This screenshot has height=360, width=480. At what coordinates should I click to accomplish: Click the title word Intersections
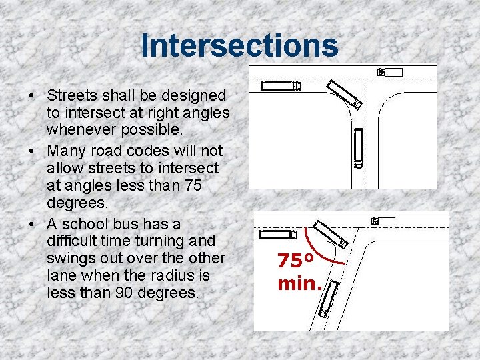tap(239, 45)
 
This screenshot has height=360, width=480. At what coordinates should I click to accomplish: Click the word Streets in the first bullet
tap(75, 96)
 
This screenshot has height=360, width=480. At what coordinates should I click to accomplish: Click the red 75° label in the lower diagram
tap(295, 260)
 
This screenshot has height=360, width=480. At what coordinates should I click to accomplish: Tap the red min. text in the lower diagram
tap(299, 283)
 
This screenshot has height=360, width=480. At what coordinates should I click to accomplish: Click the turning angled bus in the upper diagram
tap(344, 93)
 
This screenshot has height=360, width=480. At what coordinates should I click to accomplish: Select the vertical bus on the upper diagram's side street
tap(359, 147)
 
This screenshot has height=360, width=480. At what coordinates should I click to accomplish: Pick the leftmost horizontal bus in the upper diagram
tap(281, 86)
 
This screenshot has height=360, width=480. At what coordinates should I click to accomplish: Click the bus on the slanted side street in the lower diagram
tap(329, 298)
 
